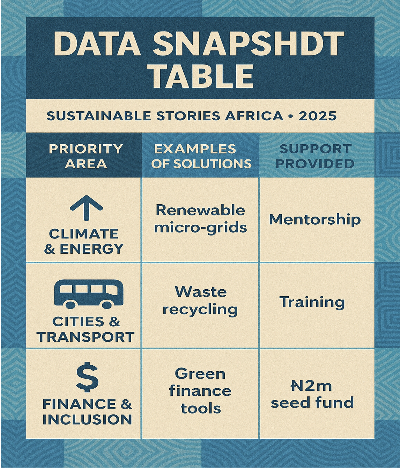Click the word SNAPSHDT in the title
tap(248, 44)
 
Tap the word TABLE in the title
tap(203, 75)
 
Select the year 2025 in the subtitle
tap(317, 116)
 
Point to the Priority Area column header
tap(86, 156)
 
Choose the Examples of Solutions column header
tap(201, 156)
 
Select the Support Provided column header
tap(315, 156)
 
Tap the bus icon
tap(89, 294)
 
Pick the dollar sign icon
tap(87, 376)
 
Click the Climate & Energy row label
tap(84, 241)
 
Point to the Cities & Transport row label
tap(86, 329)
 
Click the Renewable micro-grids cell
tap(200, 219)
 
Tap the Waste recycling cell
tap(200, 301)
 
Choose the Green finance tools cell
tap(200, 391)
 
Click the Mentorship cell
tap(315, 220)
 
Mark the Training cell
tap(312, 303)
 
